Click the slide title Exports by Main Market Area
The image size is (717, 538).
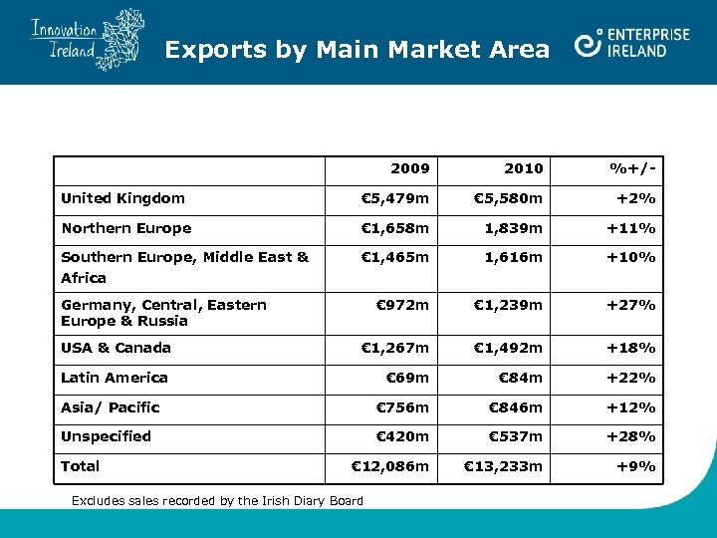coord(357,49)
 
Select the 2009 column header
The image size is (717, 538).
coord(410,168)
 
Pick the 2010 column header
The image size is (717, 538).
coord(524,168)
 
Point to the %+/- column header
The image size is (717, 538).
coord(632,168)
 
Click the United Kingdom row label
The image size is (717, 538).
coord(122,198)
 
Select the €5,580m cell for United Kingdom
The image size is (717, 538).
coord(508,198)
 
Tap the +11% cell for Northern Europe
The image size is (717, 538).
coord(631,228)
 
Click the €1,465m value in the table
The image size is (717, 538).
coord(394,258)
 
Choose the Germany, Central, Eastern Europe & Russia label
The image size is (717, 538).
coord(163,313)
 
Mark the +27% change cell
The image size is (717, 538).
coord(631,305)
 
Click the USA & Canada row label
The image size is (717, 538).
coord(116,348)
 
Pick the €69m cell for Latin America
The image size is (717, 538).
coord(407,378)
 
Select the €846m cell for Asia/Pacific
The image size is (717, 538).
coord(515,407)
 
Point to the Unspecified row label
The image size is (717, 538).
coord(106,436)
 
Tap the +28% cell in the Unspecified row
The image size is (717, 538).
coord(631,436)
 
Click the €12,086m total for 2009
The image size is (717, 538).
coord(390,466)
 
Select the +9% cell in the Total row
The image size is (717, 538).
coord(636,466)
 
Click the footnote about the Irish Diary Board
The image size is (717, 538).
coord(217,500)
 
